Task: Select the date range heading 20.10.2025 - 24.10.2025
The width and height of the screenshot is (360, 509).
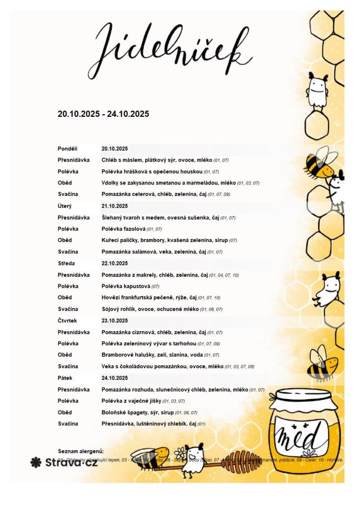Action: point(103,114)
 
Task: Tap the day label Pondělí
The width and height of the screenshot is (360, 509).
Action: point(67,149)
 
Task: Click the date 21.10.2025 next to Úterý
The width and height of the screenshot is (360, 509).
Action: point(115,206)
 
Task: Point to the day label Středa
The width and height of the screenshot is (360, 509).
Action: point(66,263)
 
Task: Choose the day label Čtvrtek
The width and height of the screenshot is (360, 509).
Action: point(67,321)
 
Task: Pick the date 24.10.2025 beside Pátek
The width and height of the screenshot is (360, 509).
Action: point(115,378)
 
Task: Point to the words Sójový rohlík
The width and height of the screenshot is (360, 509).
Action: point(119,309)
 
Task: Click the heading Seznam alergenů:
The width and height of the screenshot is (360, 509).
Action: point(81,451)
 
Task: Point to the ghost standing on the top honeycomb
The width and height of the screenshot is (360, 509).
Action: point(317,89)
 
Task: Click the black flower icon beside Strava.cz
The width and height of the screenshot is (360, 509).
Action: point(36,462)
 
